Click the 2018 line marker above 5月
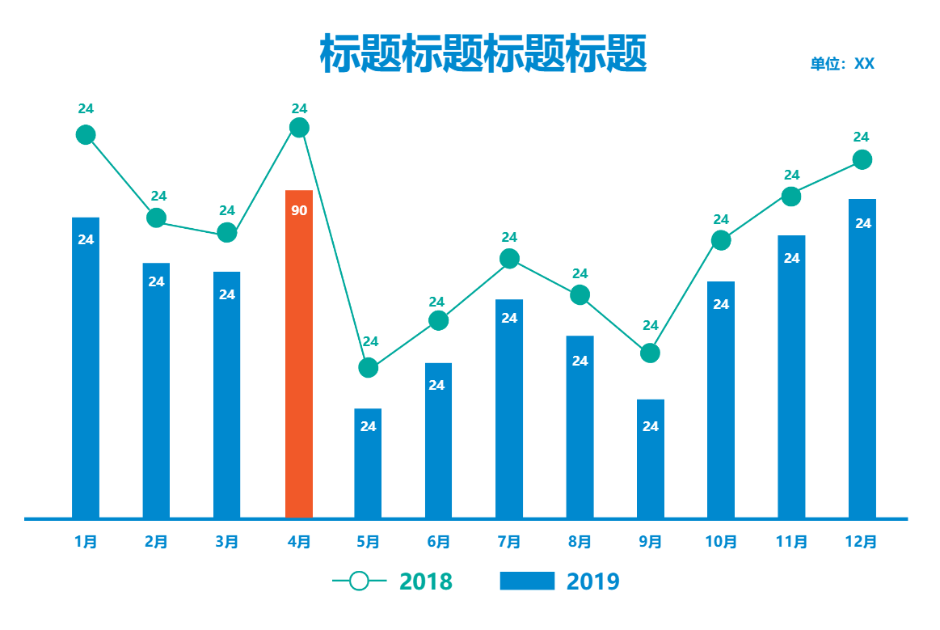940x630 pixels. (368, 367)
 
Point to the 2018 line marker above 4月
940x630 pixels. (299, 128)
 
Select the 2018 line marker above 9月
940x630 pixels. (650, 353)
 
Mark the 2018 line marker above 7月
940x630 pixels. (509, 259)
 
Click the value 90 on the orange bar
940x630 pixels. (299, 211)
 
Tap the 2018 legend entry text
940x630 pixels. (426, 581)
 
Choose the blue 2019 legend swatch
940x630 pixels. (527, 581)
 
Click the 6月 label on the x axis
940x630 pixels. (438, 542)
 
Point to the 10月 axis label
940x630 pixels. (721, 542)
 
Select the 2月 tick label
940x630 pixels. (156, 542)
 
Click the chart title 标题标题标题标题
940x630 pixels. (483, 55)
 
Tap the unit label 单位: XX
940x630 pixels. (842, 64)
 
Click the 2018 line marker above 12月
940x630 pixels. (862, 159)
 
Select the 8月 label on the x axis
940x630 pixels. (580, 542)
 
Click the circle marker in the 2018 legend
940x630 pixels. (360, 581)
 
